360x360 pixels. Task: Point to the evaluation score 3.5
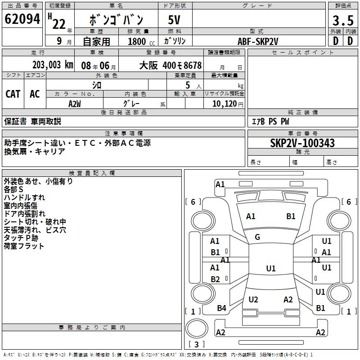pos(342,20)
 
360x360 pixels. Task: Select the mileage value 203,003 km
pos(53,65)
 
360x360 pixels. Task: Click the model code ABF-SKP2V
pos(258,41)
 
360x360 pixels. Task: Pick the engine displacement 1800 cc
pos(138,41)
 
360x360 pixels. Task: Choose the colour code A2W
pos(75,103)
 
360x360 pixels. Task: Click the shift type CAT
pos(13,94)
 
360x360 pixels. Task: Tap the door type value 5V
pos(175,20)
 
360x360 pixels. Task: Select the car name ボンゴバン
pos(117,20)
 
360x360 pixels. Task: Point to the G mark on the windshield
pos(257,237)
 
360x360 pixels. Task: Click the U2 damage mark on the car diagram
pos(253,299)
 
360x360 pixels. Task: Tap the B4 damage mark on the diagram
pos(221,308)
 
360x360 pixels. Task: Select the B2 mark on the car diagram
pos(215,279)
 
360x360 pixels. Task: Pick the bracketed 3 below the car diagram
pos(196,344)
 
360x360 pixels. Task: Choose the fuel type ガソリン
pos(175,41)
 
